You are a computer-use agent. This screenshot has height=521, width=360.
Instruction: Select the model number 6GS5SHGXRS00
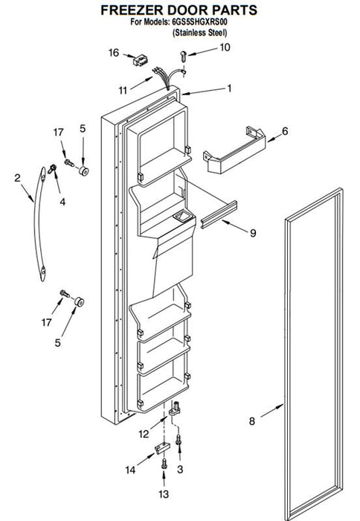[199, 22]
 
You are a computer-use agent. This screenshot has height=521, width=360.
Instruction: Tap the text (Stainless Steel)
[200, 33]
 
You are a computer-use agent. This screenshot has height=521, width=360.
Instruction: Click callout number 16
[114, 53]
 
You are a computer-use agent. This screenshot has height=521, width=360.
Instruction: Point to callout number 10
[225, 48]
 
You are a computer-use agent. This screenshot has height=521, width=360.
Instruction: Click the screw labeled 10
[183, 56]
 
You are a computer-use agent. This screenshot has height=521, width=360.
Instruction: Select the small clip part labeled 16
[140, 60]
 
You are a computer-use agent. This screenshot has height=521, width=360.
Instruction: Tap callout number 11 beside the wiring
[123, 90]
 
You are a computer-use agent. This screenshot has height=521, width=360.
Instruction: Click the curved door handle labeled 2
[39, 225]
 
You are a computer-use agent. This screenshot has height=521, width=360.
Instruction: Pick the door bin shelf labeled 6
[234, 151]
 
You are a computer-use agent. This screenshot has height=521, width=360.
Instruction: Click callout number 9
[253, 233]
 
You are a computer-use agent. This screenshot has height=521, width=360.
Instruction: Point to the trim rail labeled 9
[219, 214]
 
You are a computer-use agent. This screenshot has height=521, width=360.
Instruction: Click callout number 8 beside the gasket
[252, 421]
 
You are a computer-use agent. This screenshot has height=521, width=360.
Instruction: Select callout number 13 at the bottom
[164, 494]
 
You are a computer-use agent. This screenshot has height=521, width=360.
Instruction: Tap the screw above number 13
[164, 464]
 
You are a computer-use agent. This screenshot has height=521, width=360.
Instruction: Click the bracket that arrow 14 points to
[162, 447]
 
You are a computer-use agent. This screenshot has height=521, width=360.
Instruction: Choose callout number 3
[180, 470]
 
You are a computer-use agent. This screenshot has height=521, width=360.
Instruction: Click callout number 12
[144, 434]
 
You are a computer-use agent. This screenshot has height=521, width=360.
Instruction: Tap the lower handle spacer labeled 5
[79, 302]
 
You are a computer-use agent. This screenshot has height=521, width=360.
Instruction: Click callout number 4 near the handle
[62, 202]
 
